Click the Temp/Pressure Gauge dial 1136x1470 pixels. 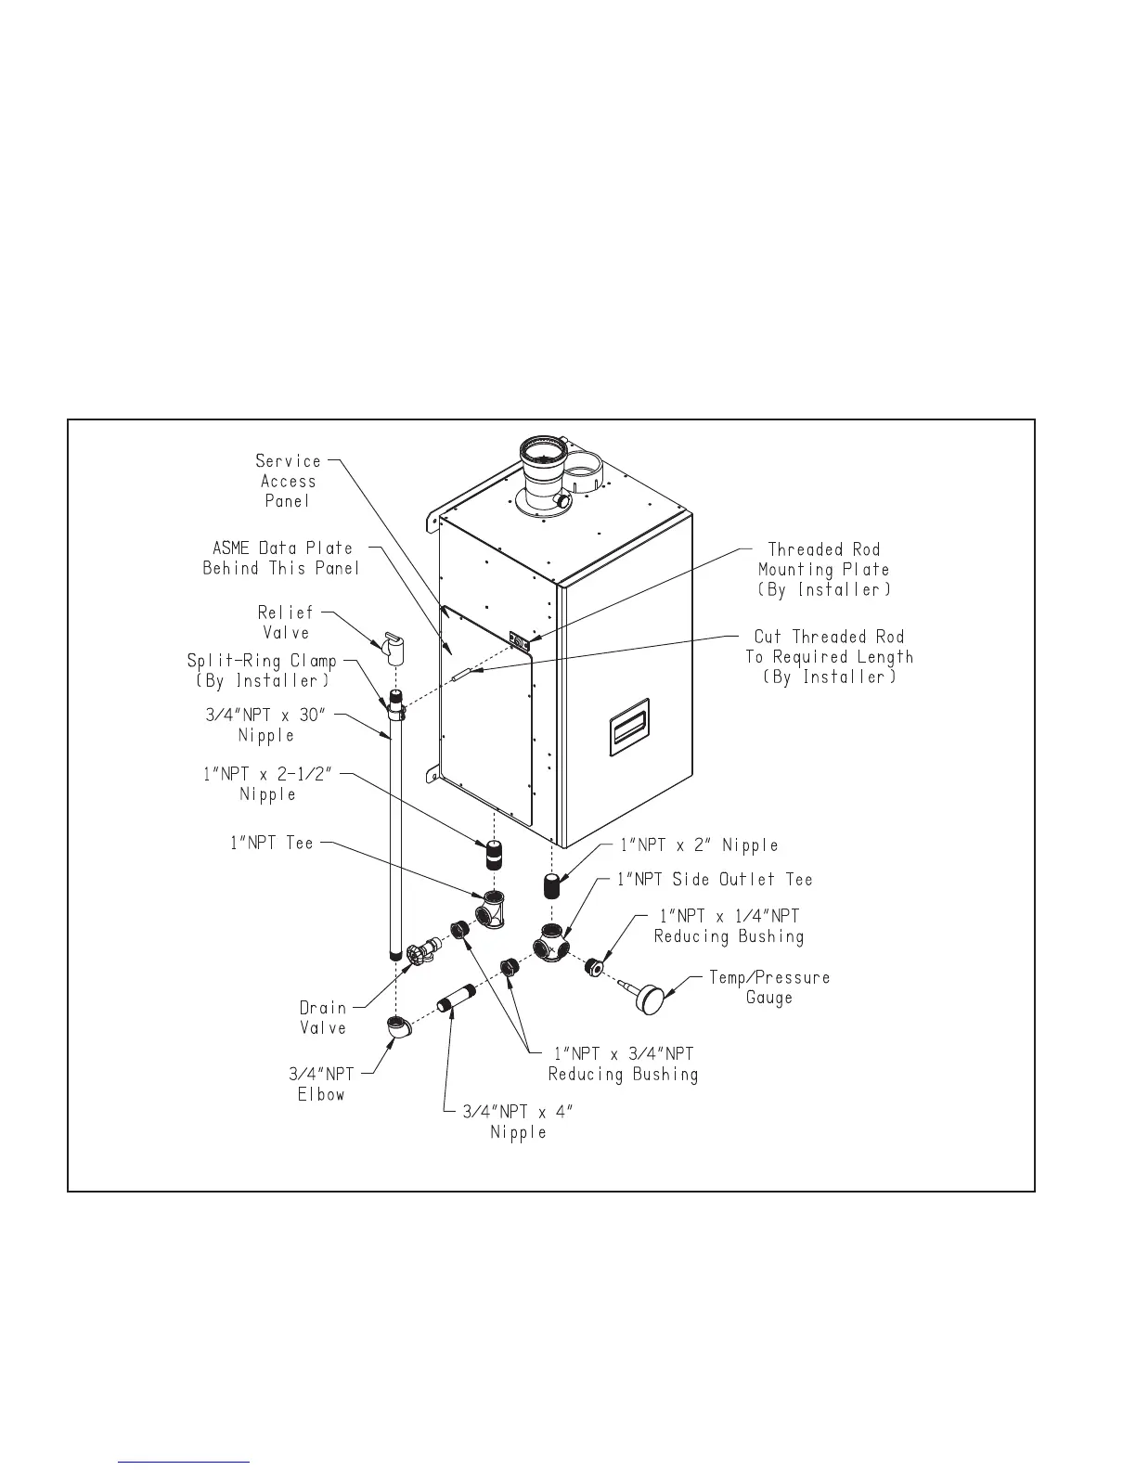(x=654, y=1001)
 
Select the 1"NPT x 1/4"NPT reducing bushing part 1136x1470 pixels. (x=596, y=966)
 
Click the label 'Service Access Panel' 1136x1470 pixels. (x=288, y=481)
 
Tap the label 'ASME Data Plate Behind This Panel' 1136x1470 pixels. (x=281, y=558)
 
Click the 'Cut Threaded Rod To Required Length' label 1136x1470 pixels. (x=829, y=657)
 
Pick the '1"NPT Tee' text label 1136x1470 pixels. (x=272, y=844)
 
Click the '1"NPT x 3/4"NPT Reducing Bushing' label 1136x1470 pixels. (x=623, y=1064)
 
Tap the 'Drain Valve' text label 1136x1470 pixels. (x=322, y=1018)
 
